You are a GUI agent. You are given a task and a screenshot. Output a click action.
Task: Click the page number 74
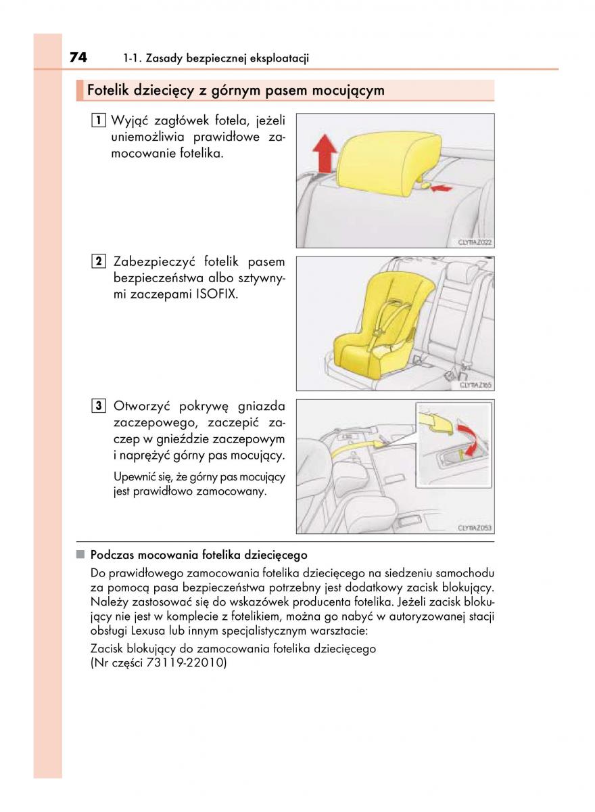[x=78, y=58]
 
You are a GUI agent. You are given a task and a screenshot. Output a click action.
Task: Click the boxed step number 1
[x=99, y=121]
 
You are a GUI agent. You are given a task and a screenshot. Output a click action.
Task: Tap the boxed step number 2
[x=99, y=262]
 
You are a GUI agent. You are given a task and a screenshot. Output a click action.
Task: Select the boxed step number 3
[x=99, y=407]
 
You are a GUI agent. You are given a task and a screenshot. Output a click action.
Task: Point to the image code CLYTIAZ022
[x=474, y=242]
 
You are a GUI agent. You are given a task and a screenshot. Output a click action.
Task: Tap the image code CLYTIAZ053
[x=474, y=528]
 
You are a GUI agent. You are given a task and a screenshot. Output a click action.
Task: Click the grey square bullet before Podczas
[x=80, y=555]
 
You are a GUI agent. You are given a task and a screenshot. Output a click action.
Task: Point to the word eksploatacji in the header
[x=279, y=59]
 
